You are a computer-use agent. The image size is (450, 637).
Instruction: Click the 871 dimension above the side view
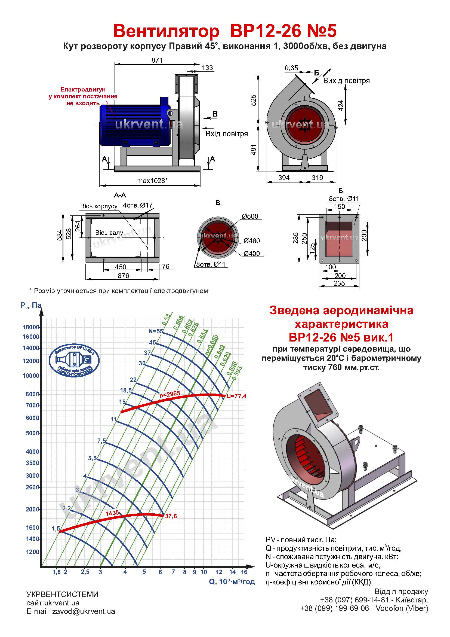coord(157,60)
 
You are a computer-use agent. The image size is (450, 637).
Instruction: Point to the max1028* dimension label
coord(152,181)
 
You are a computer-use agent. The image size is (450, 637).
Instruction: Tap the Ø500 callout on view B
coord(250,216)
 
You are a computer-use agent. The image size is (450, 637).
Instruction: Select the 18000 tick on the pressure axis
coord(31,327)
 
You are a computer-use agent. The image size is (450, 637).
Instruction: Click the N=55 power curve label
coord(156,331)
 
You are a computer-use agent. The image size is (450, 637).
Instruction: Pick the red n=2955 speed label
coord(170,394)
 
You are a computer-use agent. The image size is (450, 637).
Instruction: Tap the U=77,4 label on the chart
coord(236,396)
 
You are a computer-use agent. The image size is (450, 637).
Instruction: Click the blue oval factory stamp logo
coord(74,359)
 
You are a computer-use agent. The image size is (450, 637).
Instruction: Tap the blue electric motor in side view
coord(135,121)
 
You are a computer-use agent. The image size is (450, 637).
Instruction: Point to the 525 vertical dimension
coord(253,100)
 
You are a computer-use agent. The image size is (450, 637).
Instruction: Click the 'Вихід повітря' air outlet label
coord(346,81)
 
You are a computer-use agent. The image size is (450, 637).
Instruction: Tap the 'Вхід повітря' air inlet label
coord(227,134)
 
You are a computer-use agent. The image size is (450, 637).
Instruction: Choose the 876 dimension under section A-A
coord(123,276)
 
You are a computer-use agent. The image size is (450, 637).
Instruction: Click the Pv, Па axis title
coord(31,306)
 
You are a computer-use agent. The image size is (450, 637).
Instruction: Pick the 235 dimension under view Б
coord(340,283)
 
